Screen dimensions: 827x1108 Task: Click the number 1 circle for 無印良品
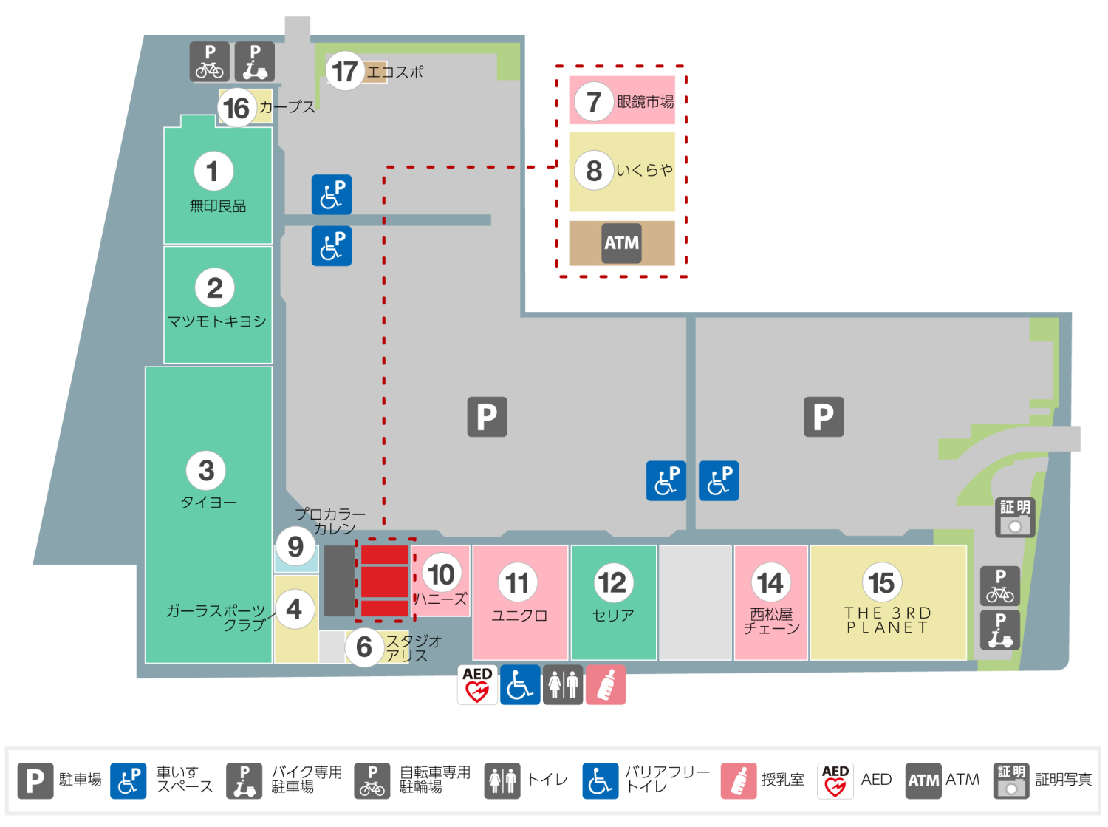213,171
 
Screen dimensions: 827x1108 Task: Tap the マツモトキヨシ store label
216,321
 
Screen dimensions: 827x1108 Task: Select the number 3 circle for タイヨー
207,470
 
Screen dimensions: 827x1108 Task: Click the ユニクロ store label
519,616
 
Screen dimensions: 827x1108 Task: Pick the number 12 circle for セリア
612,582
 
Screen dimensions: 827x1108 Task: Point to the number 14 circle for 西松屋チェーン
770,582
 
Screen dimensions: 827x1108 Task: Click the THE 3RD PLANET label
887,620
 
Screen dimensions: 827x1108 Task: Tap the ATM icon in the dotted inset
621,243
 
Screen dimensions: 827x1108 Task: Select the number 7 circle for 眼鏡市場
593,101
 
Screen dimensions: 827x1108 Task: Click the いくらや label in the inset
645,170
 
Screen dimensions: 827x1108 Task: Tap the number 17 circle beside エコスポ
344,71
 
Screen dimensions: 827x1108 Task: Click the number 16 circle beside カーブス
236,108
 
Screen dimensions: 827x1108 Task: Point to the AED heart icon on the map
477,684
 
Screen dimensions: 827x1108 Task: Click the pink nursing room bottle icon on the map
606,684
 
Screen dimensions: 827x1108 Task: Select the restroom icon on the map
563,684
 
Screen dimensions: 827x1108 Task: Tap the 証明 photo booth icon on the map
1015,517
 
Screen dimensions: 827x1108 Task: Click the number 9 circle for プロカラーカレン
295,546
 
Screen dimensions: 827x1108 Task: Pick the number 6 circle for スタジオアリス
364,647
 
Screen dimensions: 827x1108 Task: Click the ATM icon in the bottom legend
923,780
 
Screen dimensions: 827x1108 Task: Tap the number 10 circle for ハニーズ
442,574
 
